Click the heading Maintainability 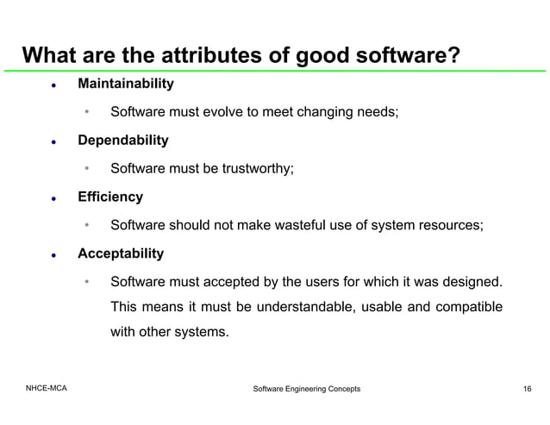[x=125, y=84]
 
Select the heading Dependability [x=122, y=141]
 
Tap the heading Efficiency [x=110, y=197]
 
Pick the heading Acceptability [x=121, y=254]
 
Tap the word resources [x=450, y=226]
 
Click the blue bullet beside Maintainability [x=53, y=86]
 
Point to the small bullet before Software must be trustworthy [x=87, y=169]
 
